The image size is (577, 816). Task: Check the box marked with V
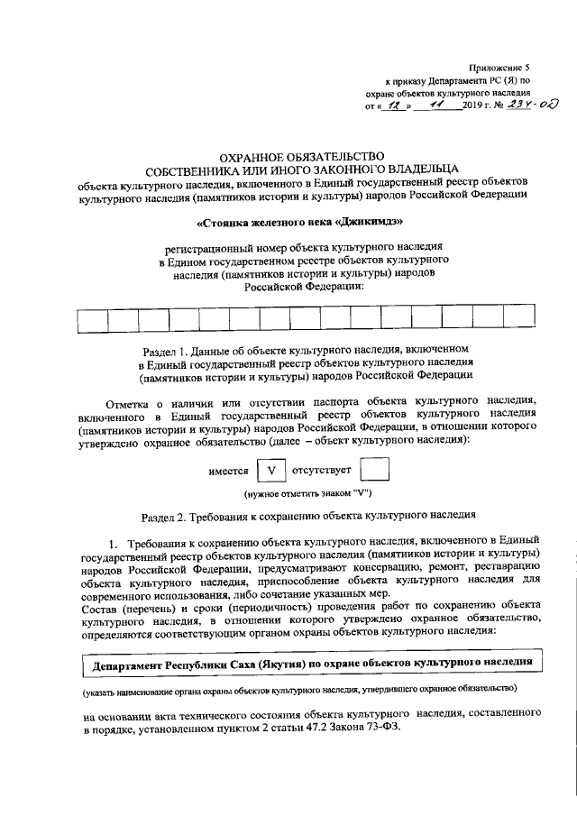pyautogui.click(x=270, y=471)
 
